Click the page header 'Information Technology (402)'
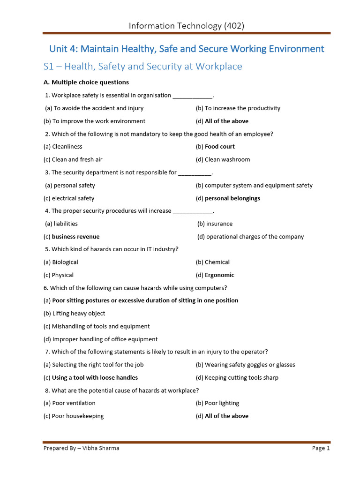click(x=186, y=26)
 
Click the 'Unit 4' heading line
click(x=187, y=49)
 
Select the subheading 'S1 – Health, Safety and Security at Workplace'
click(x=142, y=67)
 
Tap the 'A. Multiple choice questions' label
click(x=86, y=82)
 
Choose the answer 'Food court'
click(x=219, y=147)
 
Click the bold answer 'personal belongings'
click(x=232, y=198)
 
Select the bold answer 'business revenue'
click(x=75, y=237)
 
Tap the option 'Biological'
click(x=65, y=262)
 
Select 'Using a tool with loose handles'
click(x=95, y=378)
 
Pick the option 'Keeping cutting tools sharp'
click(x=241, y=378)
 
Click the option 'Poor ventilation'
click(x=73, y=403)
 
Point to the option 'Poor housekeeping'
click(x=77, y=416)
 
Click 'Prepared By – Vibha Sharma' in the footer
click(x=81, y=448)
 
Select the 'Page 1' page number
click(x=321, y=448)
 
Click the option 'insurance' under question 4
click(x=219, y=224)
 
